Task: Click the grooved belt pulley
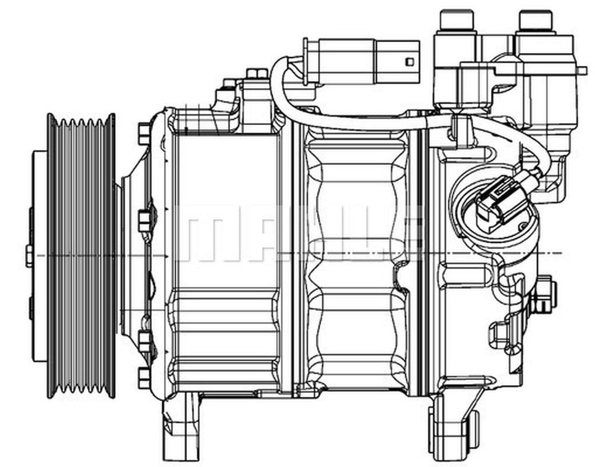point(81,256)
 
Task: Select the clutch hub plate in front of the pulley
point(40,256)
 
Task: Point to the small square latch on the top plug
point(409,61)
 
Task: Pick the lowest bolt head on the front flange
point(144,375)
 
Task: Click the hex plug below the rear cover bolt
point(500,333)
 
